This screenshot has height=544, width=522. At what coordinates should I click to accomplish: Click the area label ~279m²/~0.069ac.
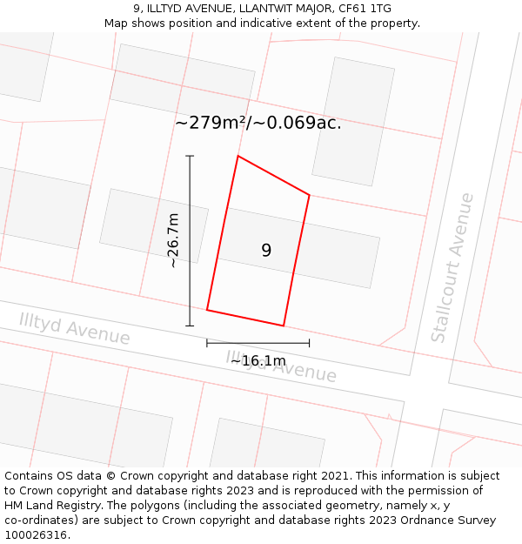(258, 123)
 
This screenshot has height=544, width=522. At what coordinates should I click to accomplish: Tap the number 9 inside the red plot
(266, 251)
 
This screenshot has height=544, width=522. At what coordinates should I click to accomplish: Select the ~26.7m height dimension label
(173, 240)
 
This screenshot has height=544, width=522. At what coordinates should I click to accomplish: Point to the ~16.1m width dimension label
(258, 360)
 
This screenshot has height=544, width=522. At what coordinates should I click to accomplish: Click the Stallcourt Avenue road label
(453, 267)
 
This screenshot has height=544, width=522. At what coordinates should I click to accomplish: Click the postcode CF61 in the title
(351, 9)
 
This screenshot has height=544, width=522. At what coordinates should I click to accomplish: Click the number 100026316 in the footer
(37, 535)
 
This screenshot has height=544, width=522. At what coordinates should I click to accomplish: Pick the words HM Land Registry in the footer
(50, 506)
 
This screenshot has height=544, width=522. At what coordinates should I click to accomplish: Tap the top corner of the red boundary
(238, 157)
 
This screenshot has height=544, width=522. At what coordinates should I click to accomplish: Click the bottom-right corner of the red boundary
(284, 326)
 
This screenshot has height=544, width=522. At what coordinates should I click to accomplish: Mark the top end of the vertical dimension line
(190, 157)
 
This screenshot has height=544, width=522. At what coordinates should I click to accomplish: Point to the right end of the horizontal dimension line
(309, 343)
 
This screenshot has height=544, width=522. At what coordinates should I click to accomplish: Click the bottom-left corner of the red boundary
(207, 309)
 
